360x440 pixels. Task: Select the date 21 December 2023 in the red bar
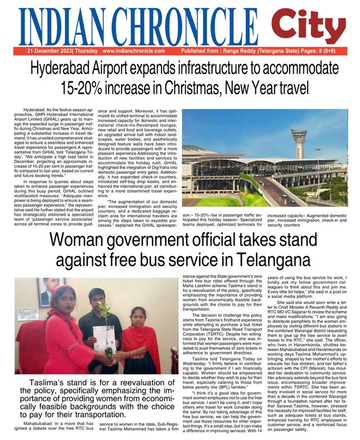[49, 51]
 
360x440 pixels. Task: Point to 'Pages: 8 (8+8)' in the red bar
[326, 51]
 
